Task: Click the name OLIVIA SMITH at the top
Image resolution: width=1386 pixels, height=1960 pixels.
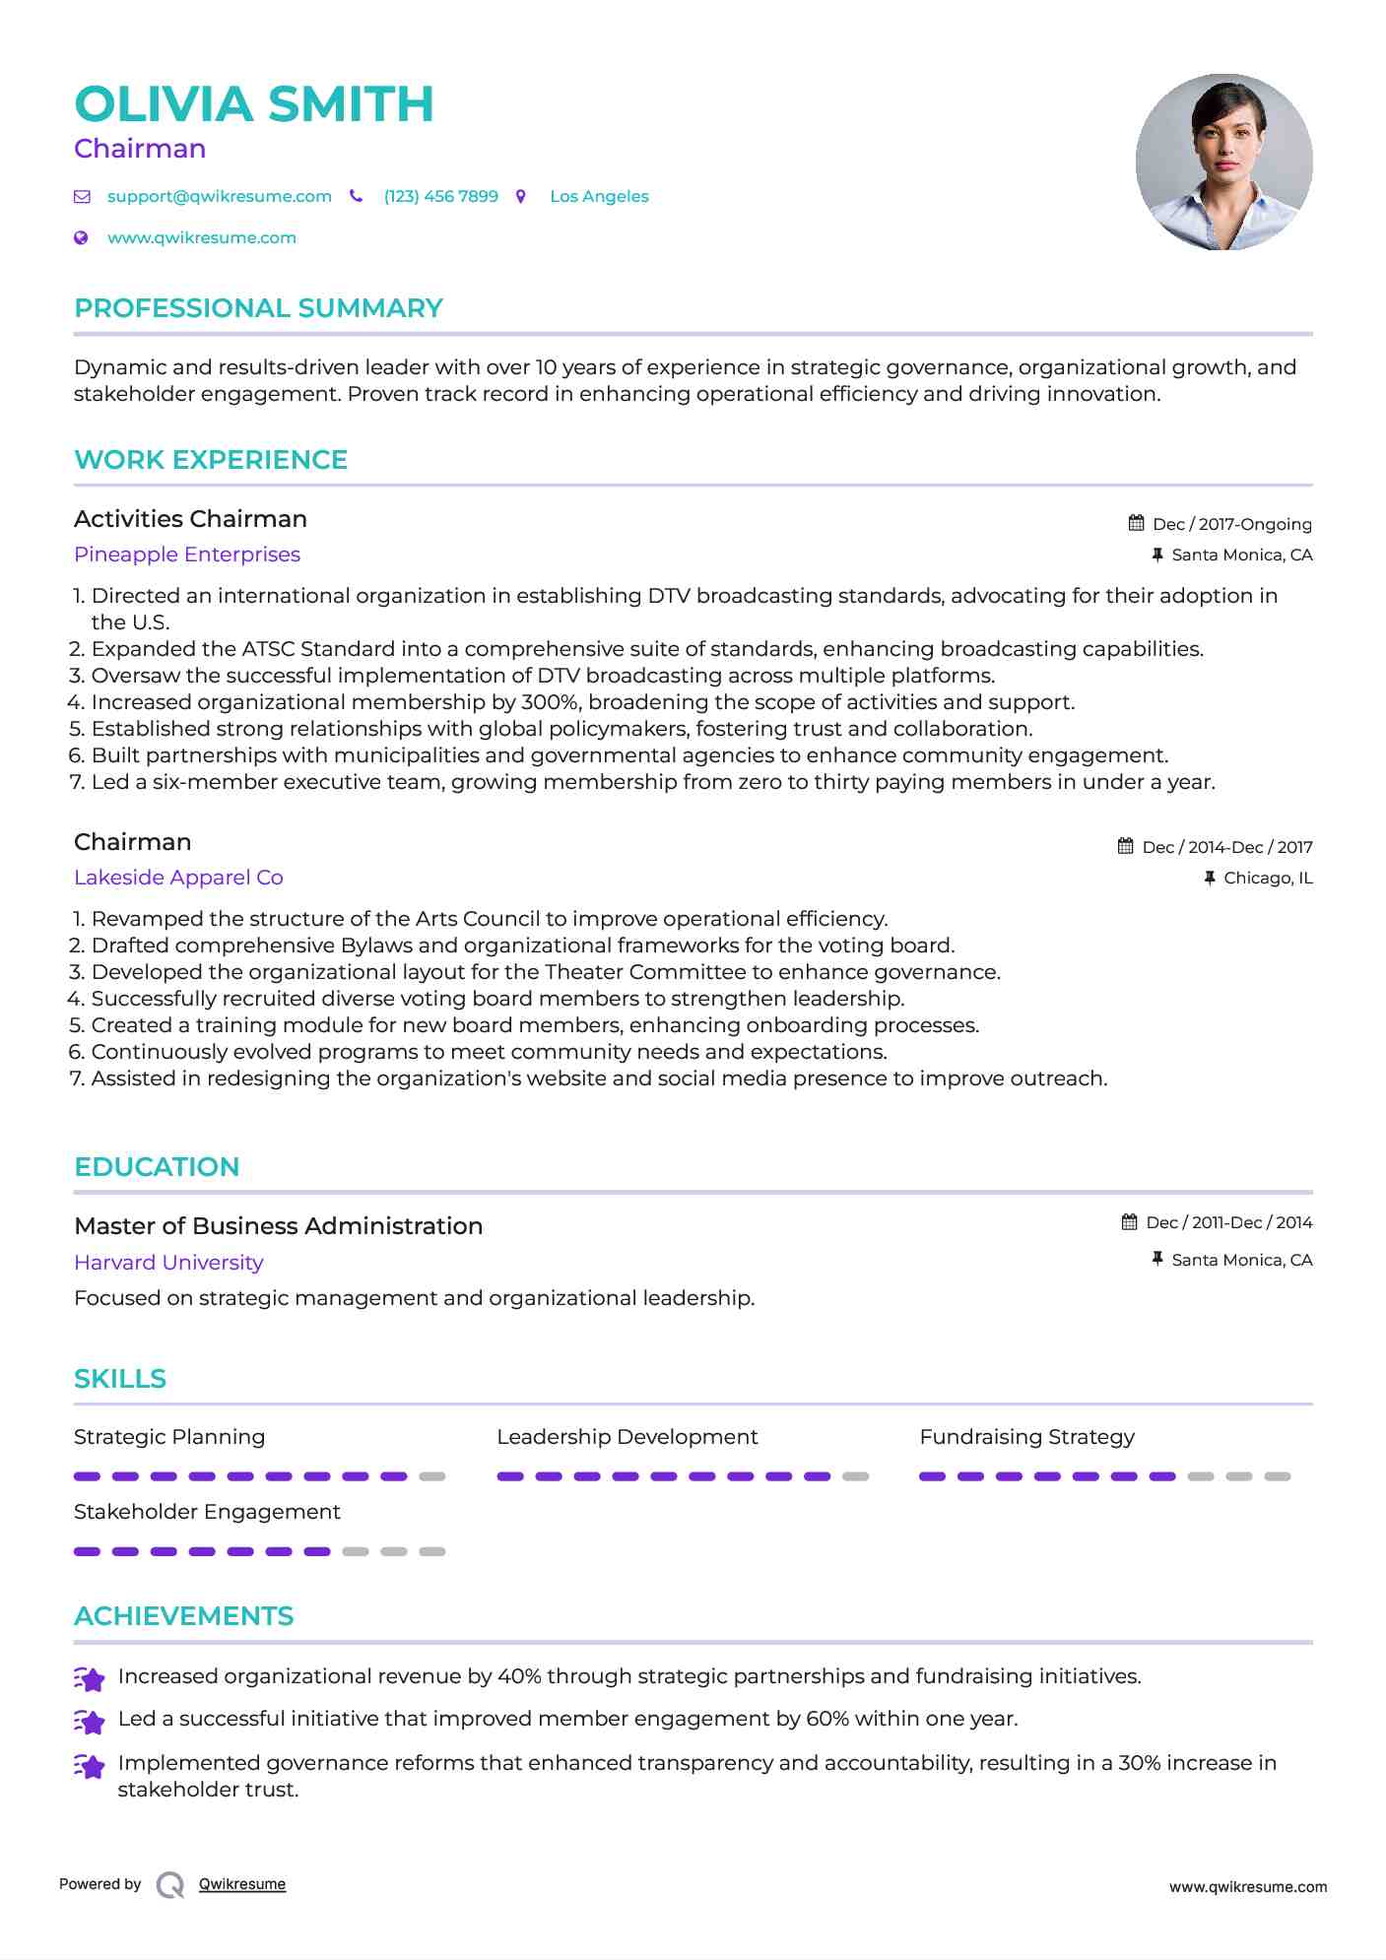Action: (253, 104)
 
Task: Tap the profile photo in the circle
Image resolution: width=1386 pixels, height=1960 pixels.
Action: (1223, 162)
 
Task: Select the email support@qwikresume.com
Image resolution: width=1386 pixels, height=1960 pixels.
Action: (219, 196)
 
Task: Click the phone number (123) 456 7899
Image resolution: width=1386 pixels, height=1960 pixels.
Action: (440, 196)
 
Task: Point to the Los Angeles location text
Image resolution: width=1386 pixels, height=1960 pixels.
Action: (599, 196)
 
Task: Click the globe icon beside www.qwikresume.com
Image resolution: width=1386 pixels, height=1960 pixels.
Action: (82, 237)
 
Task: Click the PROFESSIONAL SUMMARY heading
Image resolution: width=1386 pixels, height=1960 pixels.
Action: (258, 308)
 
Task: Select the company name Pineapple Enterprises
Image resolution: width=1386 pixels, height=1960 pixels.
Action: (187, 555)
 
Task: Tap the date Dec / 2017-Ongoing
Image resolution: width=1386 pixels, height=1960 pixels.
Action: (1231, 524)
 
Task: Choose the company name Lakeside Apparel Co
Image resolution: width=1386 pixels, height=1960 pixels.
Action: (178, 878)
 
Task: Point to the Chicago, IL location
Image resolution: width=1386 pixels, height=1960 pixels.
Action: (1267, 878)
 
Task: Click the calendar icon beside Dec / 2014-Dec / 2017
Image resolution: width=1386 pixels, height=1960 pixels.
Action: (1125, 846)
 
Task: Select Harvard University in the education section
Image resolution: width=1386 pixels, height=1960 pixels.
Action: (168, 1263)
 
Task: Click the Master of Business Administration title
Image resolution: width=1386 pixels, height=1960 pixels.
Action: (278, 1226)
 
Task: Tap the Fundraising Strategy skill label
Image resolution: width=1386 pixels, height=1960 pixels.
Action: (1026, 1437)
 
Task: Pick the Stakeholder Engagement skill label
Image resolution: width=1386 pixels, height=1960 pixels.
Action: (207, 1512)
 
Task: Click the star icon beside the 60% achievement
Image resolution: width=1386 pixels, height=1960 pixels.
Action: (90, 1721)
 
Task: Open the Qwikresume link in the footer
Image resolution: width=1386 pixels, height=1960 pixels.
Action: (242, 1884)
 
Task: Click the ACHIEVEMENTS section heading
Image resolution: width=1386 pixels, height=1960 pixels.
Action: (183, 1616)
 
